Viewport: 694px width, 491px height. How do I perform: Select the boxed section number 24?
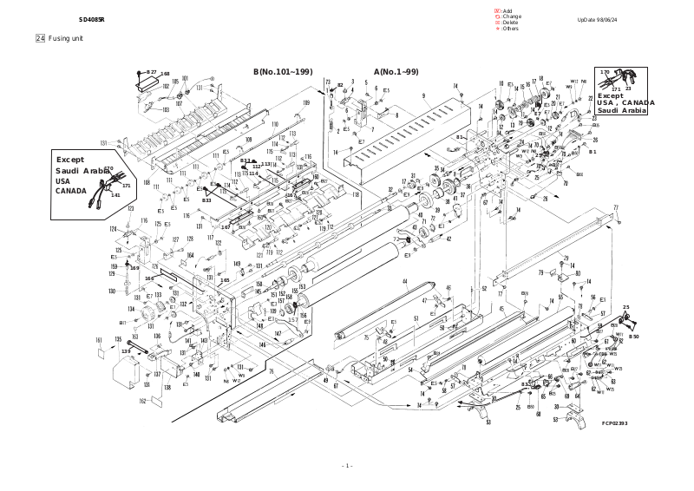[40, 38]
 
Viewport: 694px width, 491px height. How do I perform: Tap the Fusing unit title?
[66, 38]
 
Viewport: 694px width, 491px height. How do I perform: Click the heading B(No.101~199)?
[283, 70]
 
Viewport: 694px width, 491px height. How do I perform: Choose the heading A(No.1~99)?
[396, 70]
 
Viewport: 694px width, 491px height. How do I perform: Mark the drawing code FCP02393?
[614, 423]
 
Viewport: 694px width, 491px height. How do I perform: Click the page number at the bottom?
[347, 466]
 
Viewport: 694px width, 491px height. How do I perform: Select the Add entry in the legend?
[505, 10]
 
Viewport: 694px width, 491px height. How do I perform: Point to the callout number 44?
[404, 283]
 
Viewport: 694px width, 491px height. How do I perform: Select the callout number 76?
[271, 372]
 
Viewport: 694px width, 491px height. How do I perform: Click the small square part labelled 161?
[101, 353]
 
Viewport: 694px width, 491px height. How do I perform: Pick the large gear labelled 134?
[136, 311]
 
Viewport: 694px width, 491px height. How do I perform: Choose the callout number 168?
[165, 75]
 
